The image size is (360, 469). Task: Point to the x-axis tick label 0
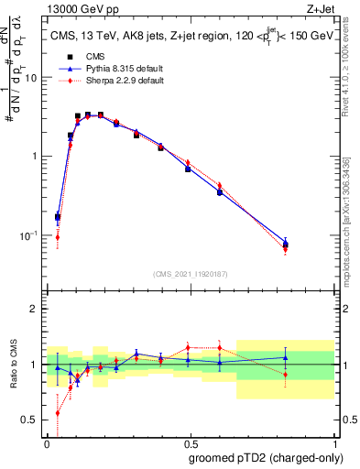[x=48, y=442]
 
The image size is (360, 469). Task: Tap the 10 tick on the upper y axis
[x=31, y=78]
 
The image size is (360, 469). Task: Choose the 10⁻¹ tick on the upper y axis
[x=29, y=235]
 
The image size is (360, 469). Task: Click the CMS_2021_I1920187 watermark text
[x=190, y=273]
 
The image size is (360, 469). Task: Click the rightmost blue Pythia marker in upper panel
[x=286, y=243]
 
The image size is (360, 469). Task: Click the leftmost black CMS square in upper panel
[x=59, y=217]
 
